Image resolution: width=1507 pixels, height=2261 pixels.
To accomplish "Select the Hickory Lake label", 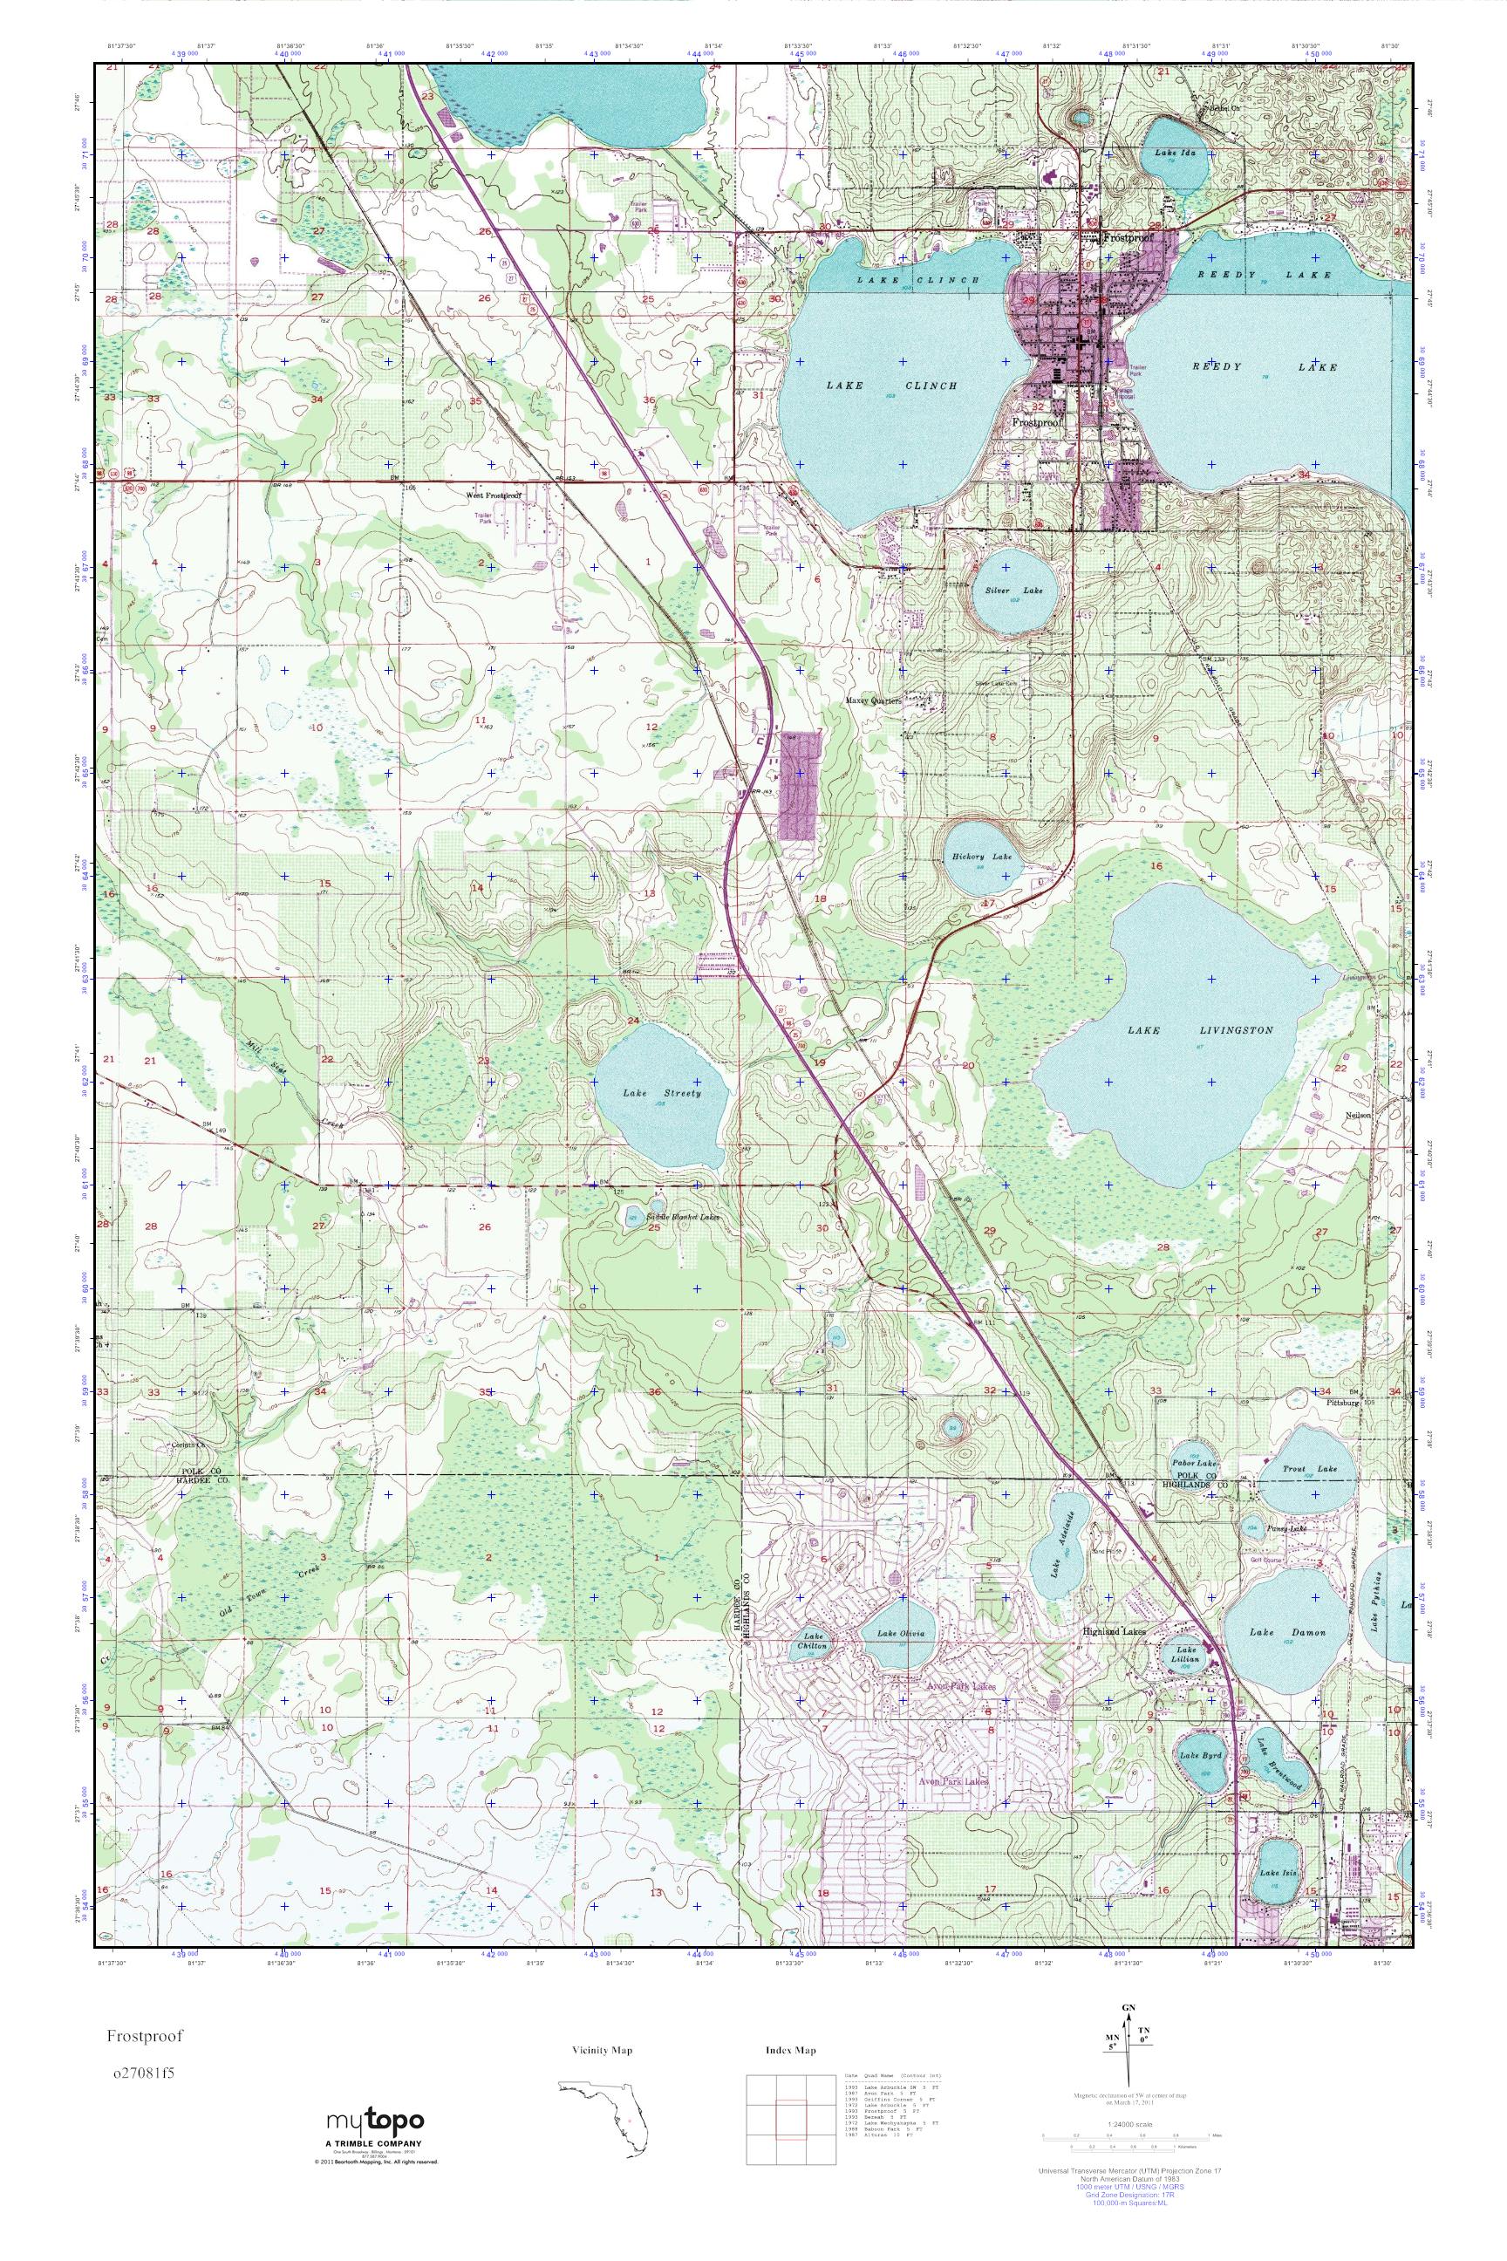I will coord(982,856).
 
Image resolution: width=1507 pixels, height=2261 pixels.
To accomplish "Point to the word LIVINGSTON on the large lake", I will coord(1235,1029).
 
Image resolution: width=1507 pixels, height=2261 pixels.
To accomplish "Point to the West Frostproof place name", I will coord(493,495).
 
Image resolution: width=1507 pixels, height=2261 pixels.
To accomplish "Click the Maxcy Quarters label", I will coord(874,700).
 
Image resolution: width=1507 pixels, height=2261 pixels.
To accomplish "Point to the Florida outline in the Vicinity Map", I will coord(605,2105).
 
